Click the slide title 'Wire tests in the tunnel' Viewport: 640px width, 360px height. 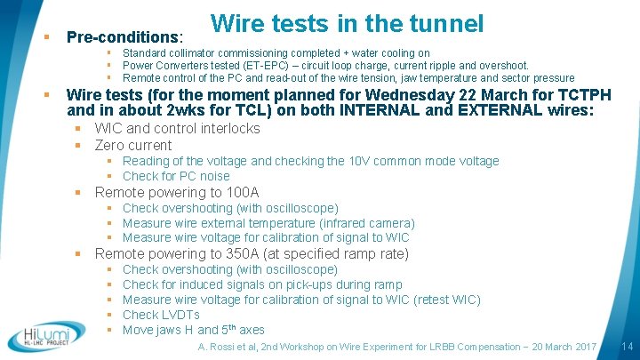tap(348, 24)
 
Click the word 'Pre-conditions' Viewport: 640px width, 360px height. tap(124, 37)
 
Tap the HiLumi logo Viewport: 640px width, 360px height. tap(46, 335)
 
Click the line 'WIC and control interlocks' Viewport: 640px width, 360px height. tap(177, 128)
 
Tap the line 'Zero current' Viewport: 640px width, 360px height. tap(133, 145)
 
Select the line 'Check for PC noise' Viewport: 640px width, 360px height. tap(176, 176)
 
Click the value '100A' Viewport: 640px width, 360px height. tap(241, 192)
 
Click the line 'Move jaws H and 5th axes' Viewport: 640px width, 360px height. tap(193, 329)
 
